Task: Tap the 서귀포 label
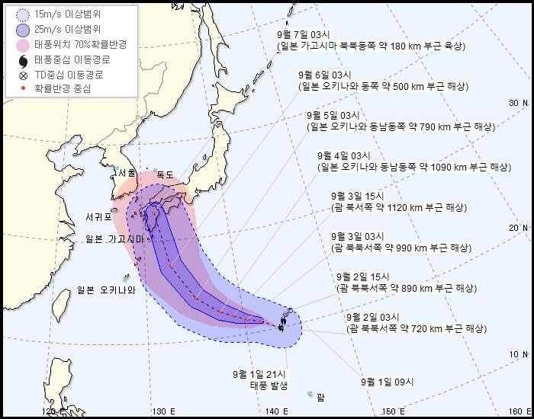point(99,217)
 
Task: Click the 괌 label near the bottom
point(320,396)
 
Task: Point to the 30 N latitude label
point(519,103)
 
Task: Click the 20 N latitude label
point(519,228)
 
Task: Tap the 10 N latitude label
point(519,354)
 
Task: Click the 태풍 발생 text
point(269,385)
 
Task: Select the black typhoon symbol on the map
point(282,328)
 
